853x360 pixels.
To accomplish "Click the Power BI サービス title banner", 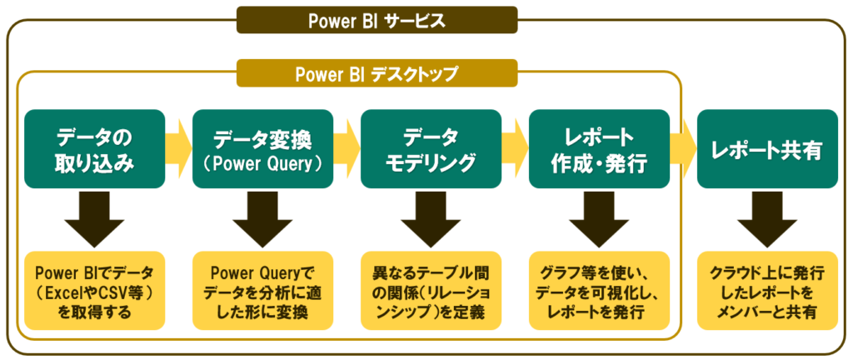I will (x=376, y=20).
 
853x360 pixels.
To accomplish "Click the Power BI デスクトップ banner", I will (x=376, y=73).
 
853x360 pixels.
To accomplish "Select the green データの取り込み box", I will (x=95, y=148).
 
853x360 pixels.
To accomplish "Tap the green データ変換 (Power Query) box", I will (x=263, y=148).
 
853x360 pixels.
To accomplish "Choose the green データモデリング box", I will (x=431, y=148).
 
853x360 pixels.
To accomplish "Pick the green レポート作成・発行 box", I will (x=599, y=148).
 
